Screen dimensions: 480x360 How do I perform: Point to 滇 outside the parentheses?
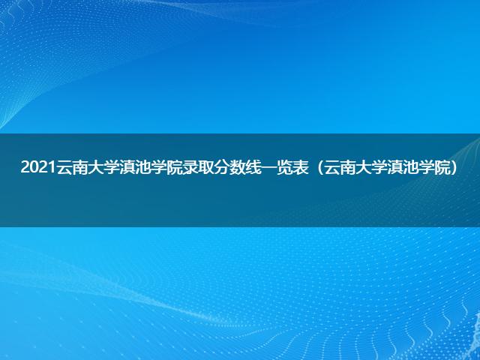point(127,167)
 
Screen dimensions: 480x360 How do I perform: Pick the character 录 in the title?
point(189,167)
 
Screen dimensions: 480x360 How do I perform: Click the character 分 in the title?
point(221,167)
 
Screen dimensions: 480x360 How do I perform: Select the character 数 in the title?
point(237,167)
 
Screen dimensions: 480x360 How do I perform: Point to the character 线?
point(253,167)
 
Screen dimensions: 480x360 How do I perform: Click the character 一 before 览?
point(268,167)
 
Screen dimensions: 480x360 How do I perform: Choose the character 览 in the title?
point(284,167)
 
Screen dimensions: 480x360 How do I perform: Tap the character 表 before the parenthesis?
point(300,167)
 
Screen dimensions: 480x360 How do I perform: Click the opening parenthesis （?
point(319,167)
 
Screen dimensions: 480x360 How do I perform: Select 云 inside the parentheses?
point(331,167)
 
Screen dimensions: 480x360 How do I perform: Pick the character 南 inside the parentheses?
point(347,167)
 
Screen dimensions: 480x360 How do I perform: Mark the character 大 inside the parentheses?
point(363,167)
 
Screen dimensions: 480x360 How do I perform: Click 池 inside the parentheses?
point(410,167)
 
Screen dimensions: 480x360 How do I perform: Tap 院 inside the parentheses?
point(442,167)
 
